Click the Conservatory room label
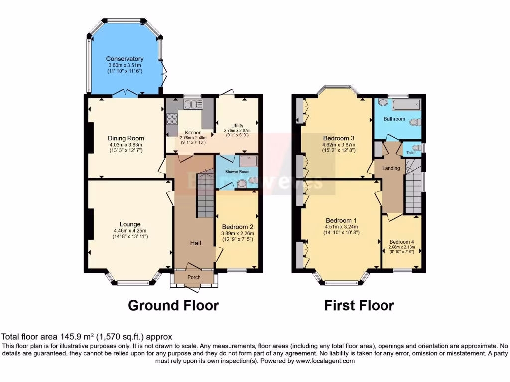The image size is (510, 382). (125, 59)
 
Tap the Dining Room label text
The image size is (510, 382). (126, 138)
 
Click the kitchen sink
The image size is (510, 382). (191, 104)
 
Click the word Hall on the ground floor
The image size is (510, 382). (195, 243)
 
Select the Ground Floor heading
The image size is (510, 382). (173, 305)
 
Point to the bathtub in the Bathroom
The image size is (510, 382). (406, 105)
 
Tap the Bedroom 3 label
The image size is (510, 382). (338, 138)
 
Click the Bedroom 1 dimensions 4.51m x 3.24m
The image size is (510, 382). (341, 227)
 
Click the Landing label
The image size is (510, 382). (391, 168)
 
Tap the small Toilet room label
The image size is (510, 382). (411, 153)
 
